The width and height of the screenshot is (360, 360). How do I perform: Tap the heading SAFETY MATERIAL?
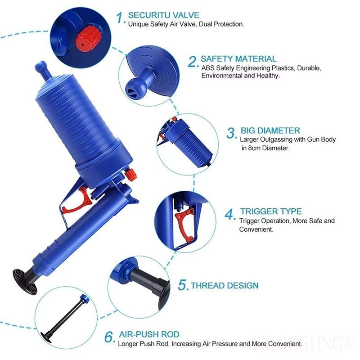[x=238, y=58]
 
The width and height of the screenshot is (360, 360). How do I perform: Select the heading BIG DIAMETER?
[x=270, y=131]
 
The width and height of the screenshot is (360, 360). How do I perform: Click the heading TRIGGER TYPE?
[x=270, y=211]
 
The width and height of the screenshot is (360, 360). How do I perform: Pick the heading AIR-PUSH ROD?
[x=149, y=334]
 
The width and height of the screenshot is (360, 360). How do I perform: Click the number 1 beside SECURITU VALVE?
[x=120, y=18]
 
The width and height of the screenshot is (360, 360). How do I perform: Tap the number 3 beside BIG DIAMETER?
[x=231, y=133]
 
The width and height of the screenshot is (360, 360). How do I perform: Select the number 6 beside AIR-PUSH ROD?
[x=109, y=337]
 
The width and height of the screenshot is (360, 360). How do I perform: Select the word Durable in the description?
[x=307, y=68]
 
